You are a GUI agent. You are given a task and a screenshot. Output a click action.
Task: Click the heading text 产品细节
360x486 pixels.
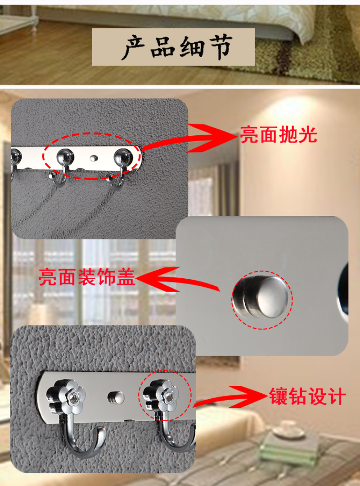(178, 47)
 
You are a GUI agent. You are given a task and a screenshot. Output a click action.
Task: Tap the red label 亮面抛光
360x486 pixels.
(279, 135)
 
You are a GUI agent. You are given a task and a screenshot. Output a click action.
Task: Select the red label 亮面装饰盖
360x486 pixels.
(87, 277)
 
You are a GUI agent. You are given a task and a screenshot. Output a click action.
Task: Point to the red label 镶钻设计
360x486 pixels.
(307, 396)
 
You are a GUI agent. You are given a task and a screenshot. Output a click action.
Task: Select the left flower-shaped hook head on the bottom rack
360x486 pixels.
(66, 395)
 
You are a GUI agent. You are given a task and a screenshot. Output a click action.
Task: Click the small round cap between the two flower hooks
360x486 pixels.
(116, 398)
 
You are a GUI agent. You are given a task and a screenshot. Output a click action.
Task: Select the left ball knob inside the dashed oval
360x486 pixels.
(65, 156)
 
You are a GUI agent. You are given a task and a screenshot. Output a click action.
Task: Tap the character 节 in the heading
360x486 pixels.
(220, 47)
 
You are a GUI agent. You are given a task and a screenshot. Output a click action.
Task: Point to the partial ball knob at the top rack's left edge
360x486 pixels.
(16, 156)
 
